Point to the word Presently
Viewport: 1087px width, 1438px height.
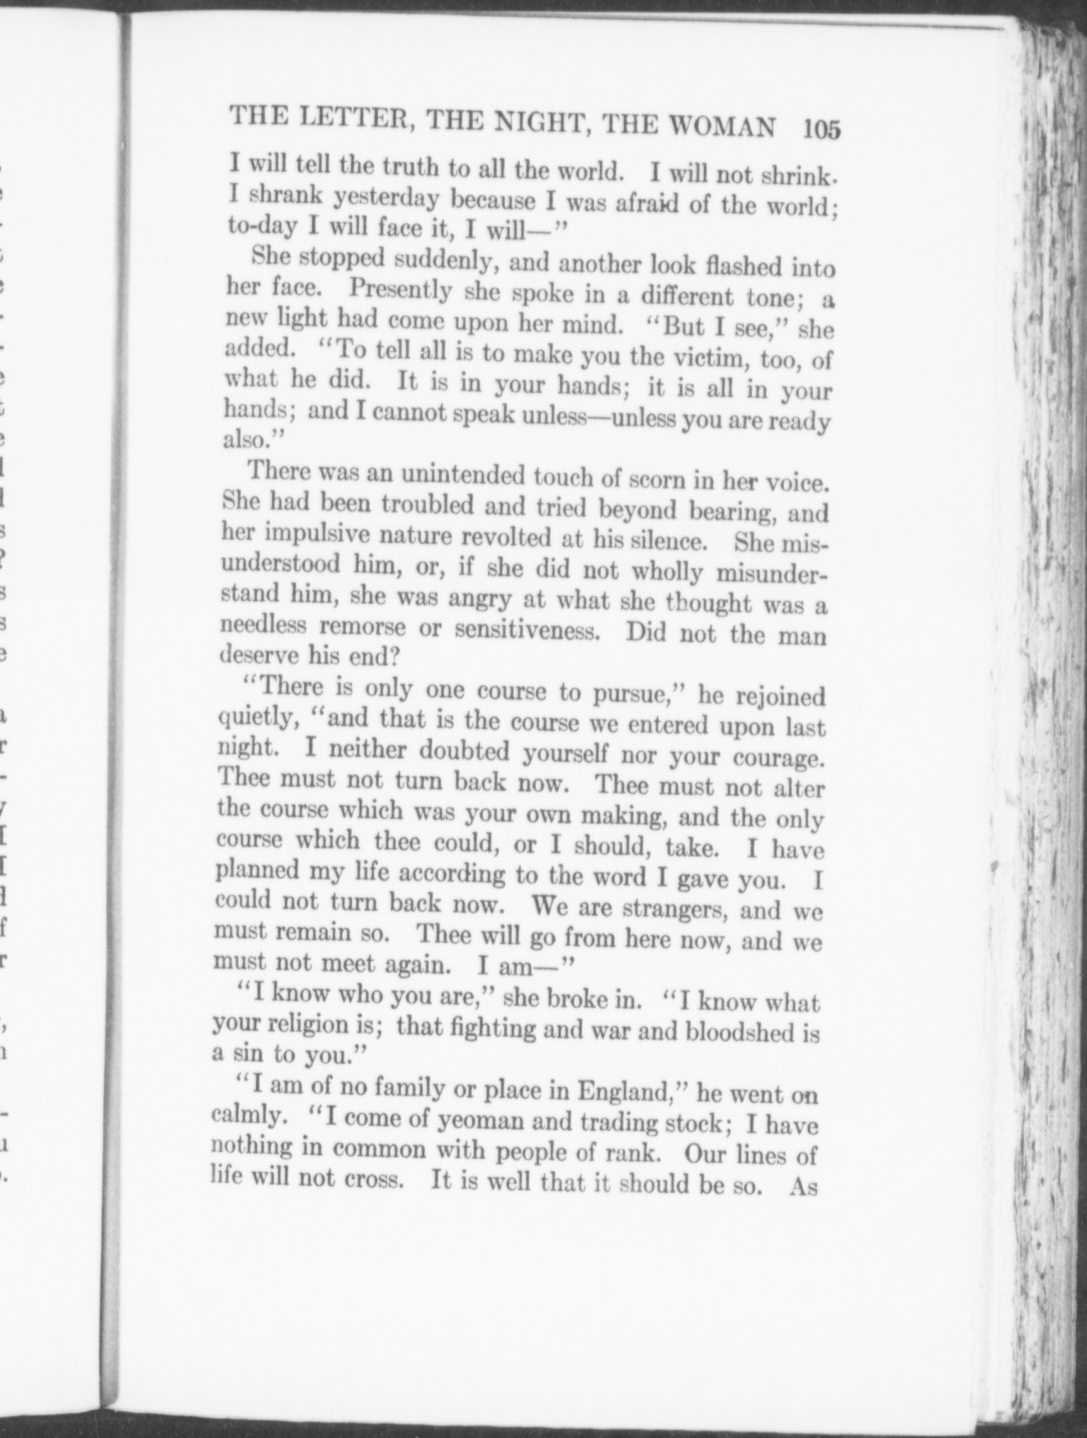400,290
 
